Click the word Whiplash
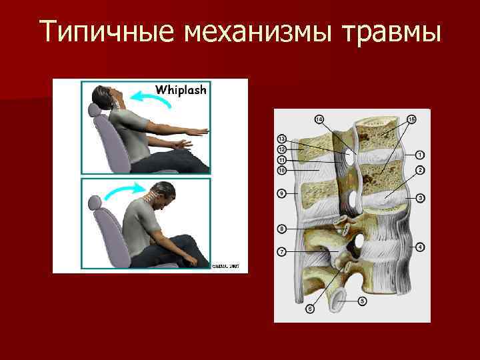coord(181,89)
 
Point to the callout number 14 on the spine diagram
coord(319,119)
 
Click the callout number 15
coord(411,119)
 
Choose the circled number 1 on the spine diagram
coord(420,155)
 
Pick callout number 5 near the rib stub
coord(362,301)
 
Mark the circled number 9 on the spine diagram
coord(281,193)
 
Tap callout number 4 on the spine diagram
coord(420,247)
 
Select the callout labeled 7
coord(281,251)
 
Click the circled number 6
coord(309,309)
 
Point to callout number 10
coord(281,171)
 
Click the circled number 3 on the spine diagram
coord(420,198)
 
